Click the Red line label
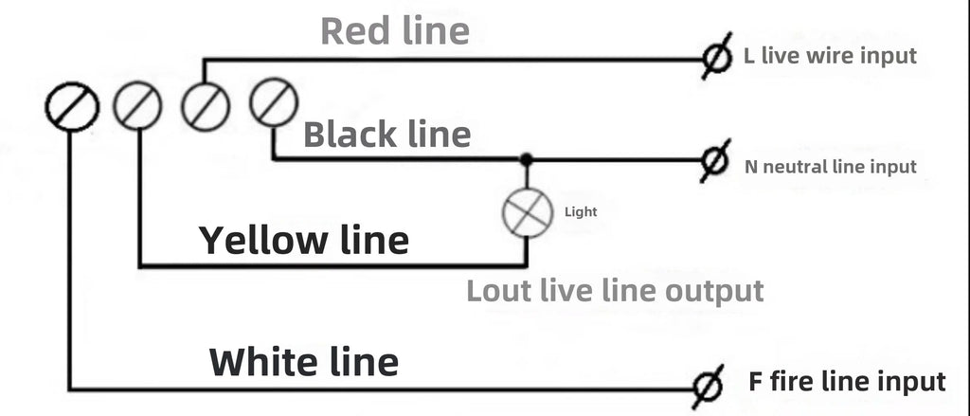click(395, 31)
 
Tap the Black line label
click(387, 135)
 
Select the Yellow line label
click(304, 240)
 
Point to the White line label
click(304, 362)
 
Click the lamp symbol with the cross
click(527, 212)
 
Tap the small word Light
click(581, 211)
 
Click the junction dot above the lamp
click(526, 160)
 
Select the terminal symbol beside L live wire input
click(716, 56)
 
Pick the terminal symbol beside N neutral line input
click(714, 161)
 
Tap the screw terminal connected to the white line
click(72, 106)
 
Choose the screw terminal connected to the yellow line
click(137, 106)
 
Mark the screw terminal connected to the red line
click(206, 106)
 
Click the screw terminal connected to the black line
click(274, 102)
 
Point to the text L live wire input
click(830, 56)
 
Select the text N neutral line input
click(830, 167)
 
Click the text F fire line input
click(847, 381)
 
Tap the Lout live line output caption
click(615, 291)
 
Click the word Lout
click(498, 291)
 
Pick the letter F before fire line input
click(755, 381)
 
